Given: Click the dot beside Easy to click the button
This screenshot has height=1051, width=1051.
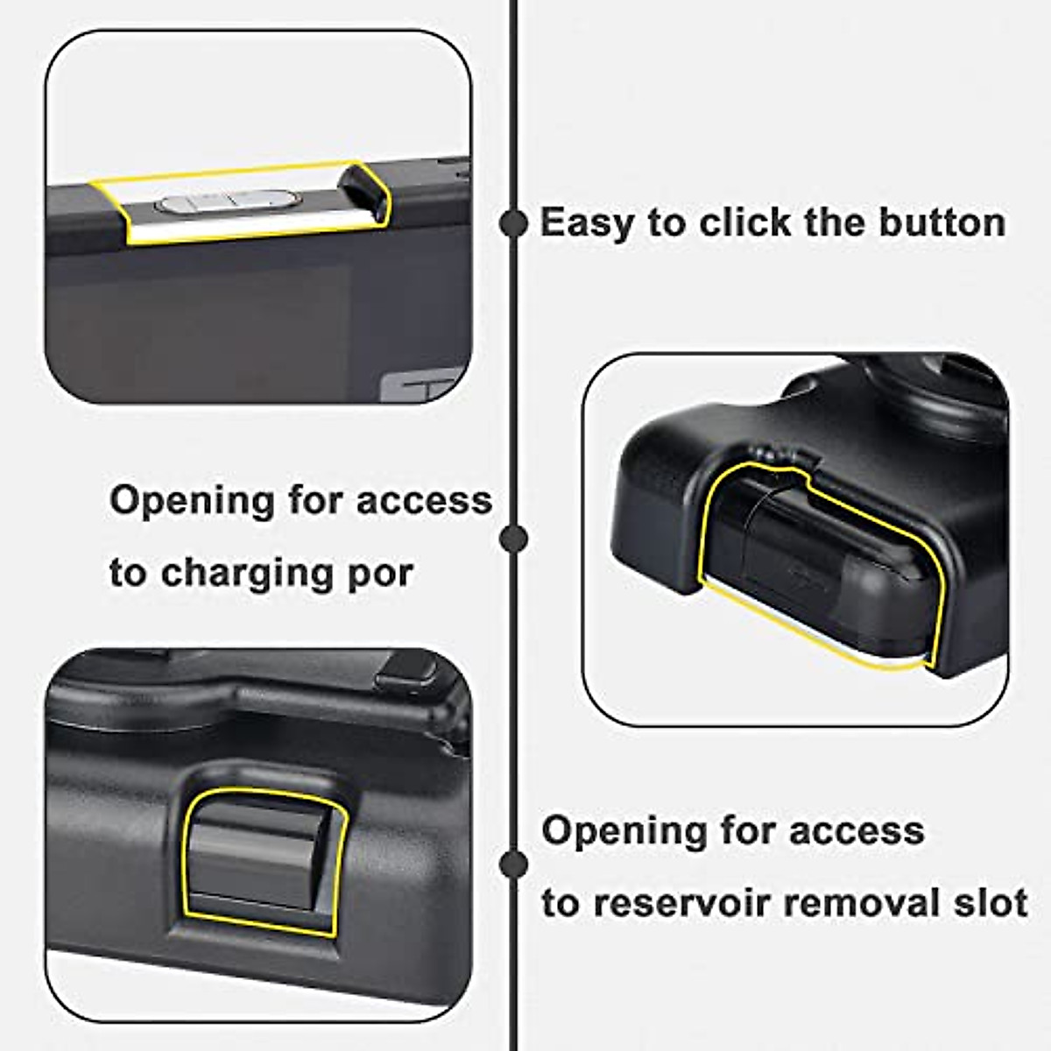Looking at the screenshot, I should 513,223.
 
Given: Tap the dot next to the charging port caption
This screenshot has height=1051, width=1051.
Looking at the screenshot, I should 513,538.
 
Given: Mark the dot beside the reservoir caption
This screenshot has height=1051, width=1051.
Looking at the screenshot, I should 513,864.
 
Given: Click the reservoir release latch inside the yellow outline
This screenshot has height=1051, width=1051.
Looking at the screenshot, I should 263,858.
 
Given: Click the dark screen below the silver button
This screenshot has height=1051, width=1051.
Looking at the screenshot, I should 201,324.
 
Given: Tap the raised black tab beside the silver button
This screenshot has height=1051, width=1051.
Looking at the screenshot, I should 363,189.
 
